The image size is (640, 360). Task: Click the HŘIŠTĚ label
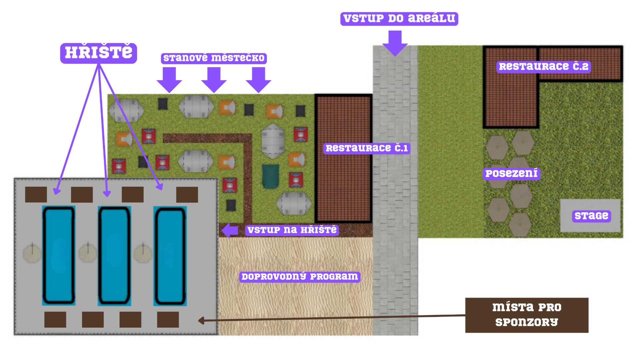98,53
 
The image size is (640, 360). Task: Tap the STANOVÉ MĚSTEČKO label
214,58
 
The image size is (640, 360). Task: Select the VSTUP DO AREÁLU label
399,19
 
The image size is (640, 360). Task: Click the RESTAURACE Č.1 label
367,148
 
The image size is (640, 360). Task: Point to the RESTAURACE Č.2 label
544,67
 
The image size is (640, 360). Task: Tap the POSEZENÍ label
511,174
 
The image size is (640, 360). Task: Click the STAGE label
591,216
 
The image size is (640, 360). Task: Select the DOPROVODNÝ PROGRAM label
300,277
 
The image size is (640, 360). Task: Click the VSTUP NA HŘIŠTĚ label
292,230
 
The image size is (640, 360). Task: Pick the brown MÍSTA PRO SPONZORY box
527,315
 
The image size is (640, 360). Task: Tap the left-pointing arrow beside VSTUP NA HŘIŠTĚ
230,230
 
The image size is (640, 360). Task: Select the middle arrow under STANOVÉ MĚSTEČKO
214,80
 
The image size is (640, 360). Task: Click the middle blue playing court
114,256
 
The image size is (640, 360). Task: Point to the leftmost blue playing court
59,256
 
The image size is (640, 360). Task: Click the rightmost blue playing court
170,256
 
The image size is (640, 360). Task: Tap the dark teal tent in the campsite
270,176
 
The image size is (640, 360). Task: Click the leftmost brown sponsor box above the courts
36,195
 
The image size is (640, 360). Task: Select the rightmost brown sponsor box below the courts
168,320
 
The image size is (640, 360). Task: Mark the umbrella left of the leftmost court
32,254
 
